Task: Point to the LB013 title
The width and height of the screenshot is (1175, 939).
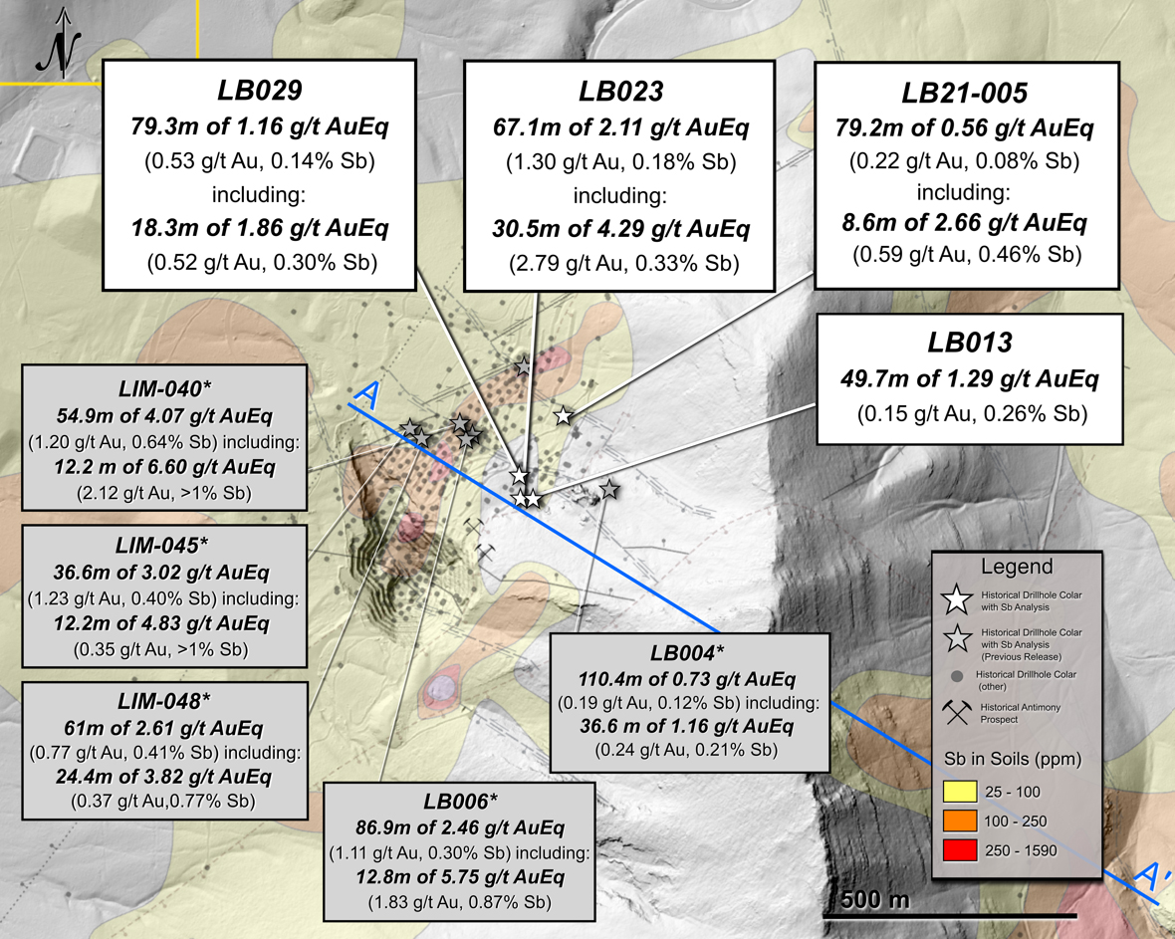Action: click(x=971, y=344)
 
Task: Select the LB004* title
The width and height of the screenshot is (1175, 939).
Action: click(x=688, y=652)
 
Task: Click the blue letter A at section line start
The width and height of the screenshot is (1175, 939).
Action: click(x=365, y=395)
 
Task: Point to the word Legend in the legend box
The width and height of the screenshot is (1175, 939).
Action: click(x=1017, y=568)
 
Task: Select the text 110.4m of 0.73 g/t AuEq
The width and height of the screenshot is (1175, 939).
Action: click(x=688, y=680)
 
